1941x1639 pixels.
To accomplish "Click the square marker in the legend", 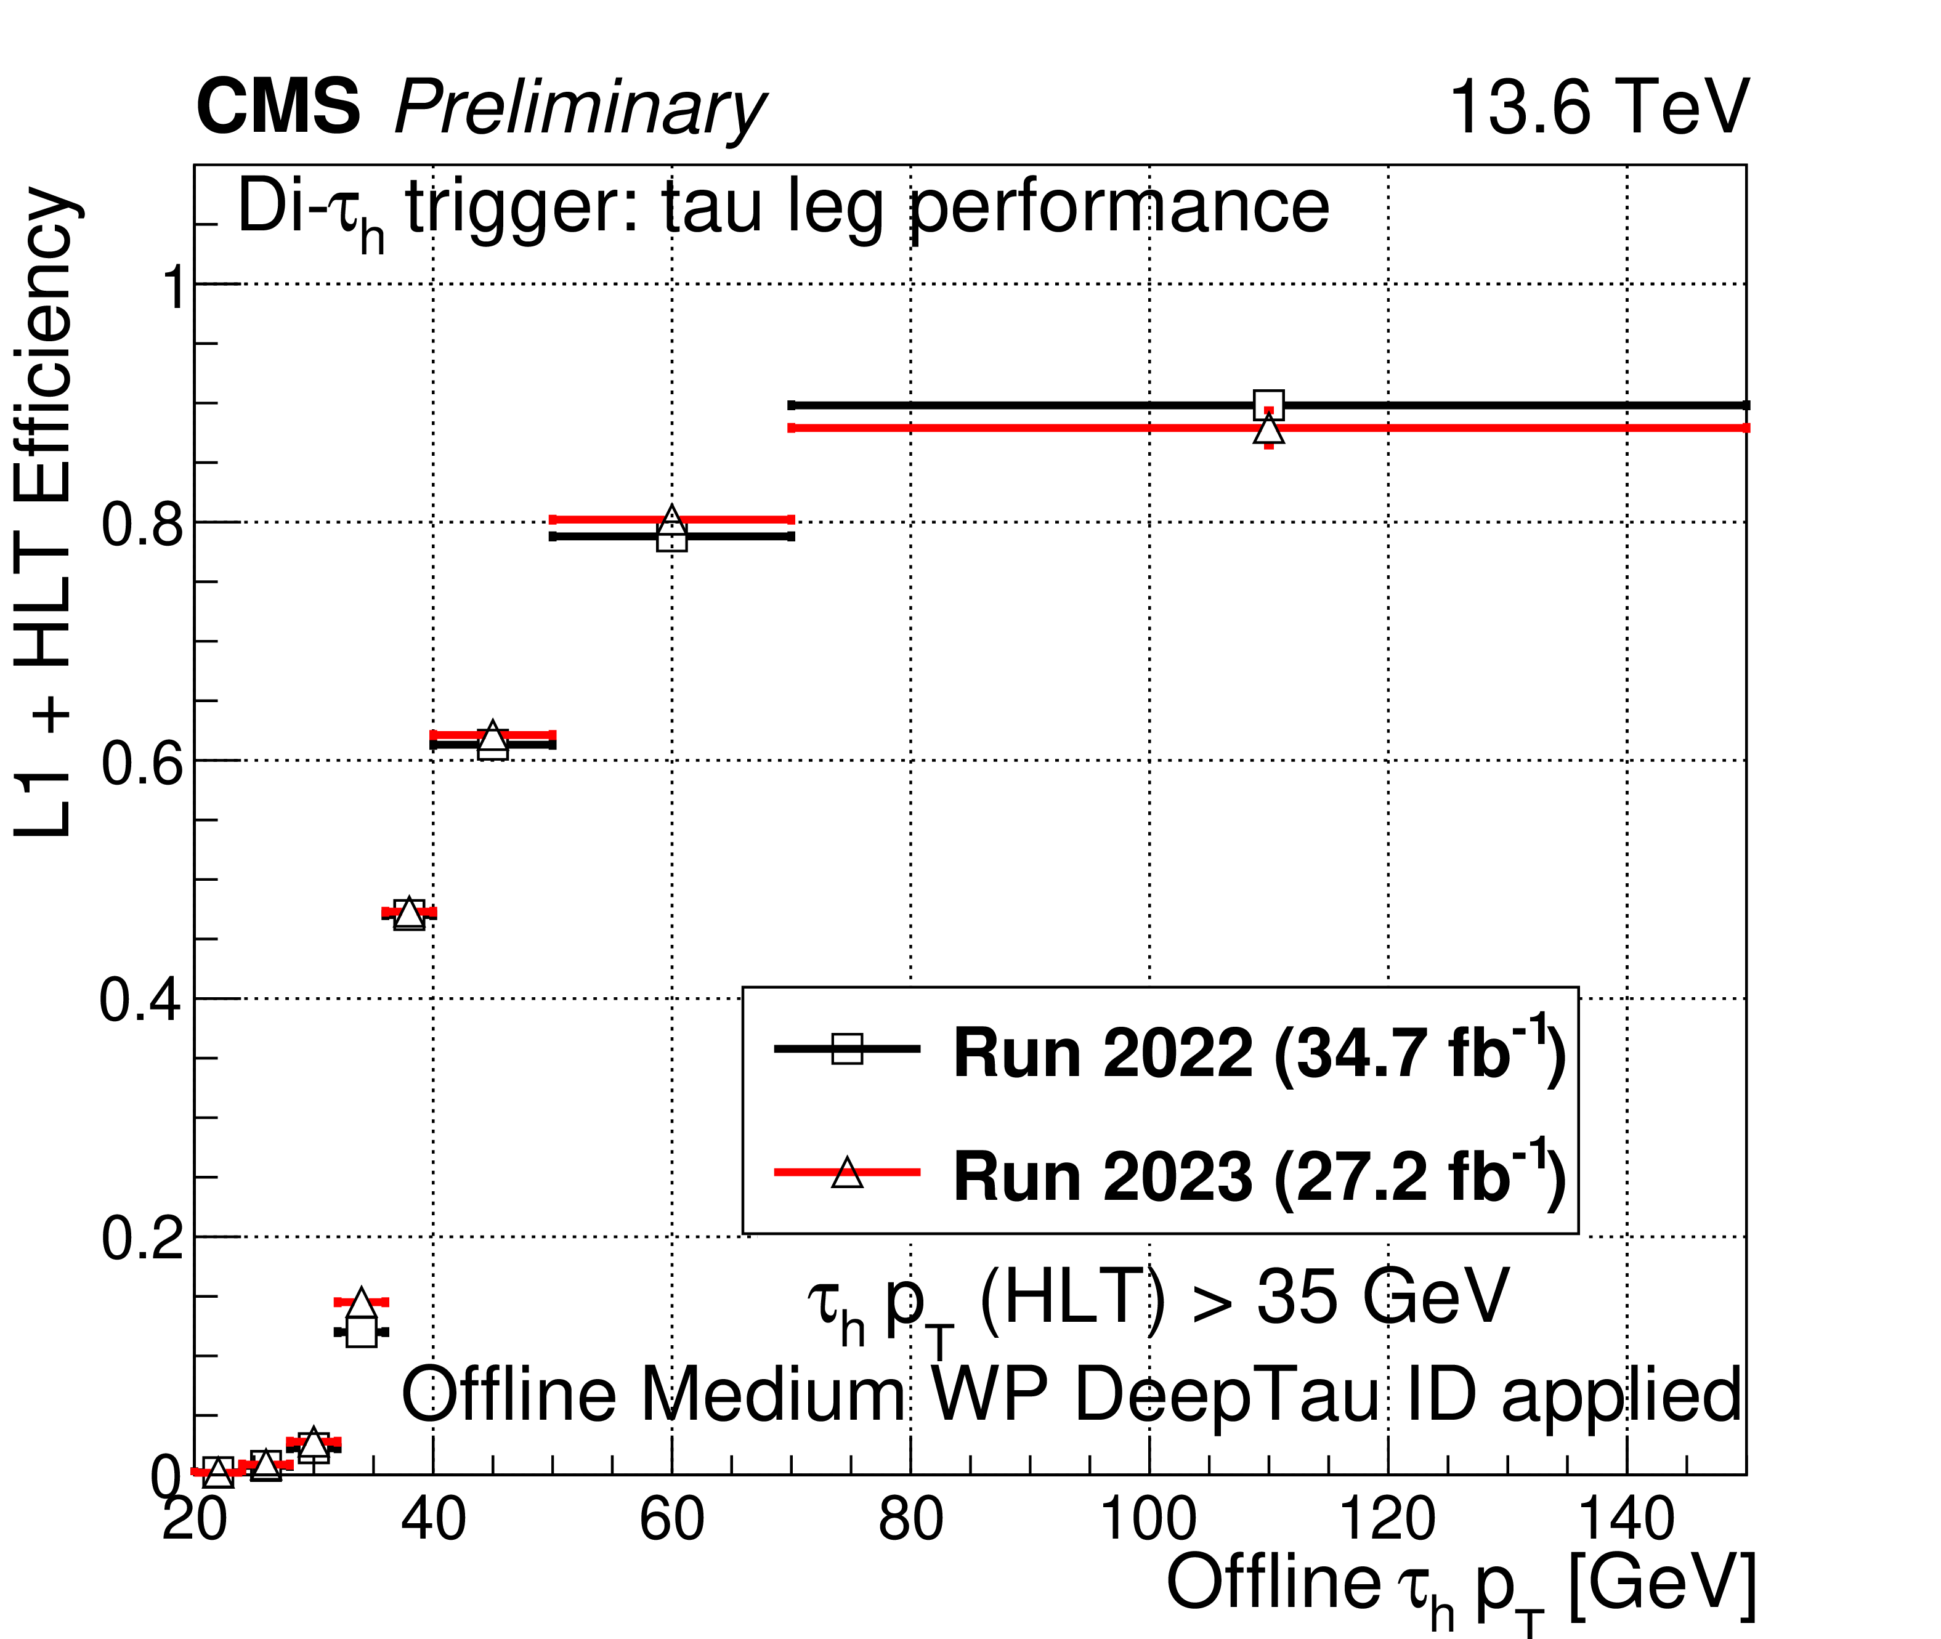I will [x=846, y=1048].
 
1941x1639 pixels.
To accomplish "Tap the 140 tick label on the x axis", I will [x=1627, y=1520].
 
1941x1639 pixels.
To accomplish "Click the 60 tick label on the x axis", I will [x=672, y=1520].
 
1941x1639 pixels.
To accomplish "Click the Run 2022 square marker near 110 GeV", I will [x=1268, y=405].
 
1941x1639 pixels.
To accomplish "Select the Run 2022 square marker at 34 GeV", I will [x=362, y=1332].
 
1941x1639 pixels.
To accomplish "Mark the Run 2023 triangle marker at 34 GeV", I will [x=362, y=1303].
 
